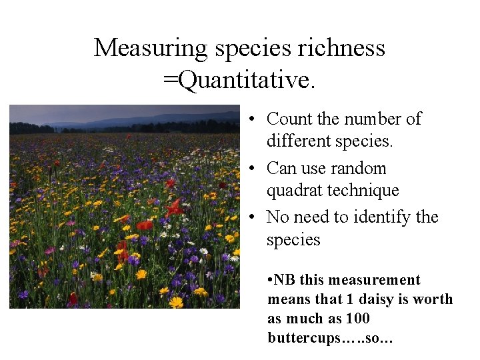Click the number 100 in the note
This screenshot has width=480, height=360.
pyautogui.click(x=358, y=319)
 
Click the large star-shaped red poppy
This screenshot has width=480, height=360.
pyautogui.click(x=175, y=207)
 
